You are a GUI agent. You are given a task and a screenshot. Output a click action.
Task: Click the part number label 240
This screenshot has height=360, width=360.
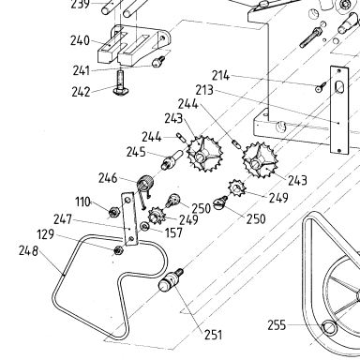pyautogui.click(x=80, y=40)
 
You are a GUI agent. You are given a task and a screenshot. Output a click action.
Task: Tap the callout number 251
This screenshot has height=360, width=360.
pyautogui.click(x=213, y=335)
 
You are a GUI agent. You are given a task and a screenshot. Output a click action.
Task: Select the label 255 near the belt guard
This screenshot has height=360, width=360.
pyautogui.click(x=277, y=325)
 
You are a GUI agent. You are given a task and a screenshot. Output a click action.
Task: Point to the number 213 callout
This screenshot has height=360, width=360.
pyautogui.click(x=204, y=90)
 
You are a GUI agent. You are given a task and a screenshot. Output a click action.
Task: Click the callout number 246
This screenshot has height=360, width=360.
pyautogui.click(x=108, y=178)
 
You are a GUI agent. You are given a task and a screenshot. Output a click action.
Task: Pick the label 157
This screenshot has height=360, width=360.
pyautogui.click(x=173, y=232)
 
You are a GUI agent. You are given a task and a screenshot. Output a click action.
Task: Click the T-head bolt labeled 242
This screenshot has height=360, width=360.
pyautogui.click(x=121, y=83)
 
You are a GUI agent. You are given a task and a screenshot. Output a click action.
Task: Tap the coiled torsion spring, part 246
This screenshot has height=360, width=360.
pyautogui.click(x=145, y=184)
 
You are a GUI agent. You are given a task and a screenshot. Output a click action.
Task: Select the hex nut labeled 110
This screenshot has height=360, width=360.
pyautogui.click(x=113, y=213)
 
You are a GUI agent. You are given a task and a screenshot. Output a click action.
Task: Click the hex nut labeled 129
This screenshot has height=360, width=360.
pyautogui.click(x=118, y=249)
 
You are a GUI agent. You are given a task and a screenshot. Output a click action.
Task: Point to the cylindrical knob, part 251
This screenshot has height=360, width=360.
pyautogui.click(x=171, y=279)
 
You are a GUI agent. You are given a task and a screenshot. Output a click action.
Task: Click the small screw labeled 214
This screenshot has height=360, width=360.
pyautogui.click(x=321, y=87)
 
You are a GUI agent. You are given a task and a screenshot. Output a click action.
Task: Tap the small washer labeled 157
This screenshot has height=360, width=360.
pyautogui.click(x=144, y=226)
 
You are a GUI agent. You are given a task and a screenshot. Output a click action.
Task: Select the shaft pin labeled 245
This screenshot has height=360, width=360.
pyautogui.click(x=172, y=159)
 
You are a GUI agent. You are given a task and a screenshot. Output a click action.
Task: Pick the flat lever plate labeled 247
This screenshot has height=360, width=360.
pyautogui.click(x=129, y=218)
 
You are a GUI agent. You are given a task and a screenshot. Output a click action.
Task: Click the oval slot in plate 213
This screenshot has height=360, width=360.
pyautogui.click(x=338, y=87)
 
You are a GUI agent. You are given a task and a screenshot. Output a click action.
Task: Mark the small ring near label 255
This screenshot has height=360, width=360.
pyautogui.click(x=329, y=327)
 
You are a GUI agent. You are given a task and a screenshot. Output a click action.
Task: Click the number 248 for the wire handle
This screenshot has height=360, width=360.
pyautogui.click(x=28, y=251)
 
